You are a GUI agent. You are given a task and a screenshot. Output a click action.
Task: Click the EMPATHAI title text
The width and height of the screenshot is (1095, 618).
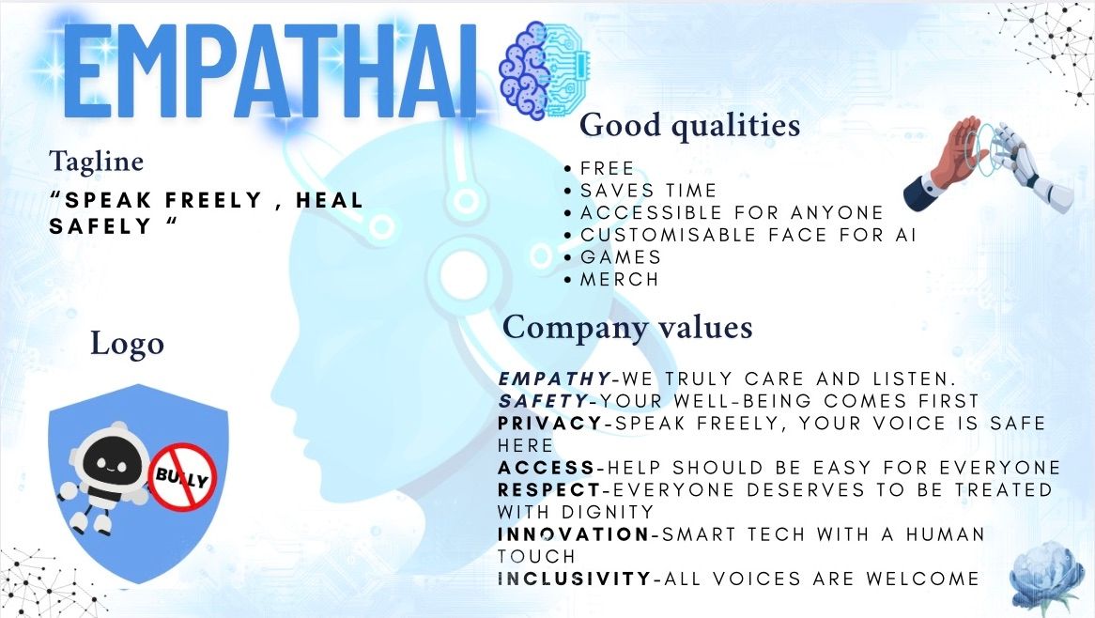pyautogui.click(x=270, y=70)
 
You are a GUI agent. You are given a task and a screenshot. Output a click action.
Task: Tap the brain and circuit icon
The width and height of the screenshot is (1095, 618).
pyautogui.click(x=544, y=70)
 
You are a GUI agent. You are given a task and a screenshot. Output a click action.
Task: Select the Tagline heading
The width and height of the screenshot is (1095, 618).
pyautogui.click(x=97, y=162)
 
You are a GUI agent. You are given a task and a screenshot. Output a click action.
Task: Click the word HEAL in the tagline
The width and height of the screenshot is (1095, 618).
pyautogui.click(x=329, y=200)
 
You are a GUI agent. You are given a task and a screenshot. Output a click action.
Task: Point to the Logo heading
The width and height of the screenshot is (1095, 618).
pyautogui.click(x=127, y=344)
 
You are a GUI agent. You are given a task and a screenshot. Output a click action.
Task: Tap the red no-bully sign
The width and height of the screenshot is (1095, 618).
pyautogui.click(x=182, y=477)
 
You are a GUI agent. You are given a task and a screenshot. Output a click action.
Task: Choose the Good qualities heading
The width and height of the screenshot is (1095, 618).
pyautogui.click(x=690, y=125)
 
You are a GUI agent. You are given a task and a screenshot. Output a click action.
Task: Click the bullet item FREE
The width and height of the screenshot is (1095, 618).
pyautogui.click(x=607, y=168)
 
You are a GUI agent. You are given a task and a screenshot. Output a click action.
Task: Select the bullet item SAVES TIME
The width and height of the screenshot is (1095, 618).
pyautogui.click(x=649, y=191)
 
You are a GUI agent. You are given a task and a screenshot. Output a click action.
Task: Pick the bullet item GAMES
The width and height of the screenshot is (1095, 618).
pyautogui.click(x=621, y=257)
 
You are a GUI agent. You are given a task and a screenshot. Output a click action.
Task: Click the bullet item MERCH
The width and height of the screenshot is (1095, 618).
pyautogui.click(x=620, y=279)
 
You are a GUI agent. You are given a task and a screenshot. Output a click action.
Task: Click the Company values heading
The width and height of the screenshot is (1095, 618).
pyautogui.click(x=627, y=327)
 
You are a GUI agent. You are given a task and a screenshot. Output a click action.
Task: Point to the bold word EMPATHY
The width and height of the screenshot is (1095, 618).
pyautogui.click(x=555, y=379)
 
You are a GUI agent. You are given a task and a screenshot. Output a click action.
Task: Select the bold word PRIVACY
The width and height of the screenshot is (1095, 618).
pyautogui.click(x=550, y=424)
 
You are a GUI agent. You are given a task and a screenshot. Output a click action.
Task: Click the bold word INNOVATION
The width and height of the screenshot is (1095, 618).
pyautogui.click(x=574, y=534)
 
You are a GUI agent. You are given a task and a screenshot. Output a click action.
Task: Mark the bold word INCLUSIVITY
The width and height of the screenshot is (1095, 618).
pyautogui.click(x=575, y=579)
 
